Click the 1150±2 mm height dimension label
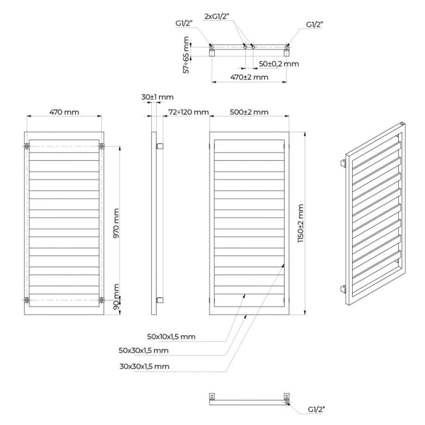[x=301, y=223]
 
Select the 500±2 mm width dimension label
[x=249, y=112]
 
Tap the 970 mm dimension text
[x=116, y=223]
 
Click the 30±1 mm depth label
[x=157, y=97]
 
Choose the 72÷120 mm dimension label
[x=188, y=112]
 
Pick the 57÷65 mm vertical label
[x=186, y=55]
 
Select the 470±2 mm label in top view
[x=249, y=77]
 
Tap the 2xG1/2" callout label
[x=217, y=16]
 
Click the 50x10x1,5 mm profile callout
[x=171, y=336]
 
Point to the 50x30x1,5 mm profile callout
[x=144, y=350]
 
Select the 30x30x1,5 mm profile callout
[x=144, y=367]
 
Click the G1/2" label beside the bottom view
[x=316, y=410]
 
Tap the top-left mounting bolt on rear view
[x=27, y=146]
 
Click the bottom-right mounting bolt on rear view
[x=101, y=300]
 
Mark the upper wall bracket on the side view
[x=160, y=146]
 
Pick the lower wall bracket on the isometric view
[x=343, y=289]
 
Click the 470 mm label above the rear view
[x=64, y=112]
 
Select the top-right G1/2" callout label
[x=314, y=24]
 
